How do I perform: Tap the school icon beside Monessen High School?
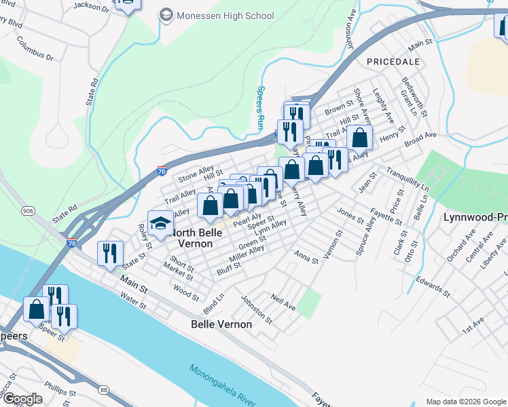click(x=166, y=15)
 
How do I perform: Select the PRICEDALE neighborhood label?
click(x=390, y=61)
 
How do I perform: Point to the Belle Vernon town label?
click(x=221, y=324)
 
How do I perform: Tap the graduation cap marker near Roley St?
click(x=161, y=224)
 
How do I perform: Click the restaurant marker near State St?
click(x=110, y=254)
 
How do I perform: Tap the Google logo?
click(x=22, y=399)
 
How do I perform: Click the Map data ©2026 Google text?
click(x=466, y=402)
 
